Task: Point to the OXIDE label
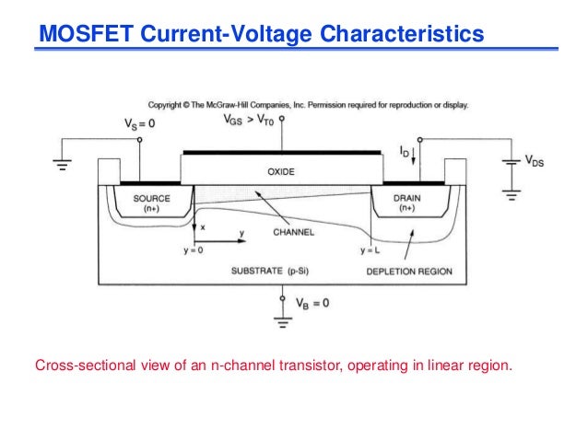(280, 171)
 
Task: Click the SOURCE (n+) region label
(152, 203)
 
